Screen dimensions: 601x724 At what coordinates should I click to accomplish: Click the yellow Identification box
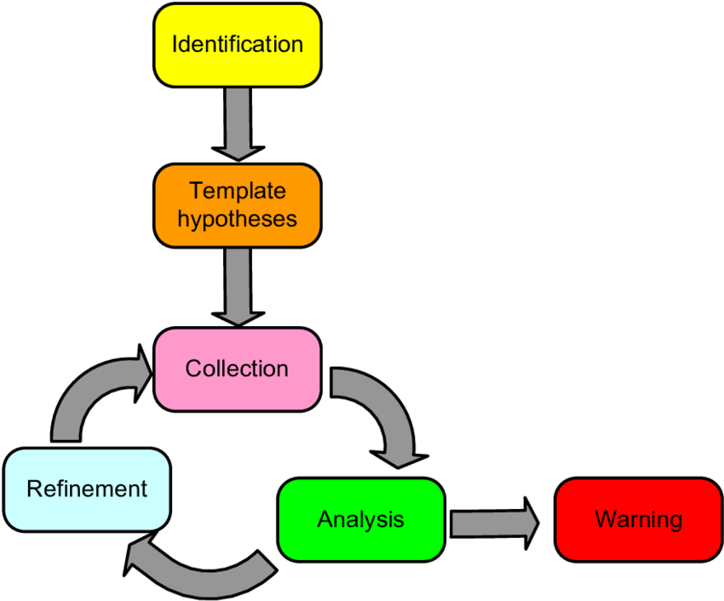(237, 44)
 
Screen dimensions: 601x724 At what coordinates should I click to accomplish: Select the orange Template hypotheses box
(237, 205)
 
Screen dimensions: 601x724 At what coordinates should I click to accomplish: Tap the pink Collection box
(237, 369)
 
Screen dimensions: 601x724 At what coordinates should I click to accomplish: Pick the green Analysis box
(361, 519)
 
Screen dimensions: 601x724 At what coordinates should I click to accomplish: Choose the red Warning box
(638, 519)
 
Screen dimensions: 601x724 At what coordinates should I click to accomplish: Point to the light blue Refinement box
(87, 489)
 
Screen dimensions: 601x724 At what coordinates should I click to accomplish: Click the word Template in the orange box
(237, 190)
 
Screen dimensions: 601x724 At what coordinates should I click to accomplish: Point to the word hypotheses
(237, 219)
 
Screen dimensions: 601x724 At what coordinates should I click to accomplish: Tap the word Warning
(638, 519)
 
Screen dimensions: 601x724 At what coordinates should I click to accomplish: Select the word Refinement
(87, 489)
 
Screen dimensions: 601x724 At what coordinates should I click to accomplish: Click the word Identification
(237, 44)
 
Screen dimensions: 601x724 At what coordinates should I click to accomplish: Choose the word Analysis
(361, 519)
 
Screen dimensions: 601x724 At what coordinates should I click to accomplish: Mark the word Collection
(237, 369)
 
